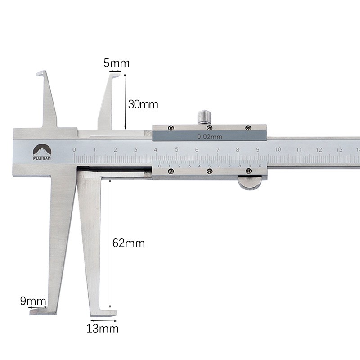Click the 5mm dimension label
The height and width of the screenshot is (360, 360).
pyautogui.click(x=116, y=63)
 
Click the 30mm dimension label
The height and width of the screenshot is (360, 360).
pyautogui.click(x=143, y=104)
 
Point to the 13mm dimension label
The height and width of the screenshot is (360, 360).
pyautogui.click(x=103, y=328)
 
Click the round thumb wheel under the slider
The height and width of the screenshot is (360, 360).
pyautogui.click(x=250, y=183)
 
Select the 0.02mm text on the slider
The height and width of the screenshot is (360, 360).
pyautogui.click(x=210, y=136)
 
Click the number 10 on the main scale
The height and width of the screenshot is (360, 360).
pyautogui.click(x=278, y=149)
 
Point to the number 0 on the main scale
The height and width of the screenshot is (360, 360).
pyautogui.click(x=74, y=149)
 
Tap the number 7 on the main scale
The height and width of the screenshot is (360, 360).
pyautogui.click(x=217, y=149)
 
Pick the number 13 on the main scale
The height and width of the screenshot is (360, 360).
pyautogui.click(x=339, y=149)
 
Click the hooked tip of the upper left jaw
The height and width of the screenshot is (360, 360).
pyautogui.click(x=40, y=73)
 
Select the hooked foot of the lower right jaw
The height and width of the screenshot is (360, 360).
pyautogui.click(x=108, y=312)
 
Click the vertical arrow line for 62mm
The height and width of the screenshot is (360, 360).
pyautogui.click(x=109, y=243)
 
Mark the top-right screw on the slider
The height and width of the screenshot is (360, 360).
pyautogui.click(x=248, y=128)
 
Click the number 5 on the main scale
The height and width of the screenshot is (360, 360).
pyautogui.click(x=176, y=149)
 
